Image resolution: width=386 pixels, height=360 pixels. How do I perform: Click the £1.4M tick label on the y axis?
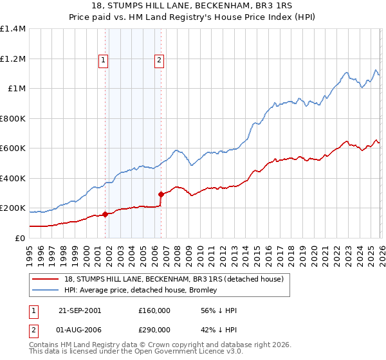coord(13,29)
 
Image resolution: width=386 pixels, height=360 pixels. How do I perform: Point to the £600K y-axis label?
coord(13,148)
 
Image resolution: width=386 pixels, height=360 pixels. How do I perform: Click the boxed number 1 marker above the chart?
coord(104,61)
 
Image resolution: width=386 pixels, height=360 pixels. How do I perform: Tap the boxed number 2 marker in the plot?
coord(159,61)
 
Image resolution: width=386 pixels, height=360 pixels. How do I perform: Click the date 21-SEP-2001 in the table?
coord(79,310)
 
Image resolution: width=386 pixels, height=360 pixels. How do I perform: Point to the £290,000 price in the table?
coord(154,331)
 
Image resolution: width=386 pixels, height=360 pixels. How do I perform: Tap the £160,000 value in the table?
coord(154,310)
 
